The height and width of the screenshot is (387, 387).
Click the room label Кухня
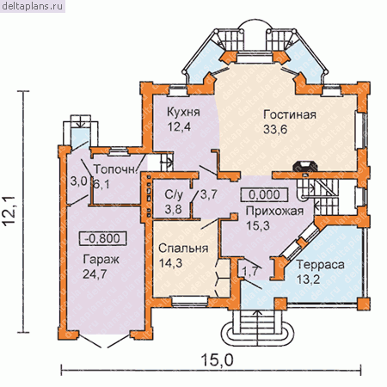(183, 112)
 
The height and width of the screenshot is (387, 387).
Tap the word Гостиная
(290, 114)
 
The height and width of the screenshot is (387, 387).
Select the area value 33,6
(275, 130)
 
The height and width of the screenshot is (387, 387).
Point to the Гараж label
(101, 260)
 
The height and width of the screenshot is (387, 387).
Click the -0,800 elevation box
(102, 238)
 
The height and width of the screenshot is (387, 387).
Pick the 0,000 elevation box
(264, 194)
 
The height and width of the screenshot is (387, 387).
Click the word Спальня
(183, 249)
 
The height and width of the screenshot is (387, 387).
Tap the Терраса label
(320, 264)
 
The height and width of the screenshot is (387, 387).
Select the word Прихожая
(274, 212)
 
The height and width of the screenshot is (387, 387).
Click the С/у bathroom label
(174, 195)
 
